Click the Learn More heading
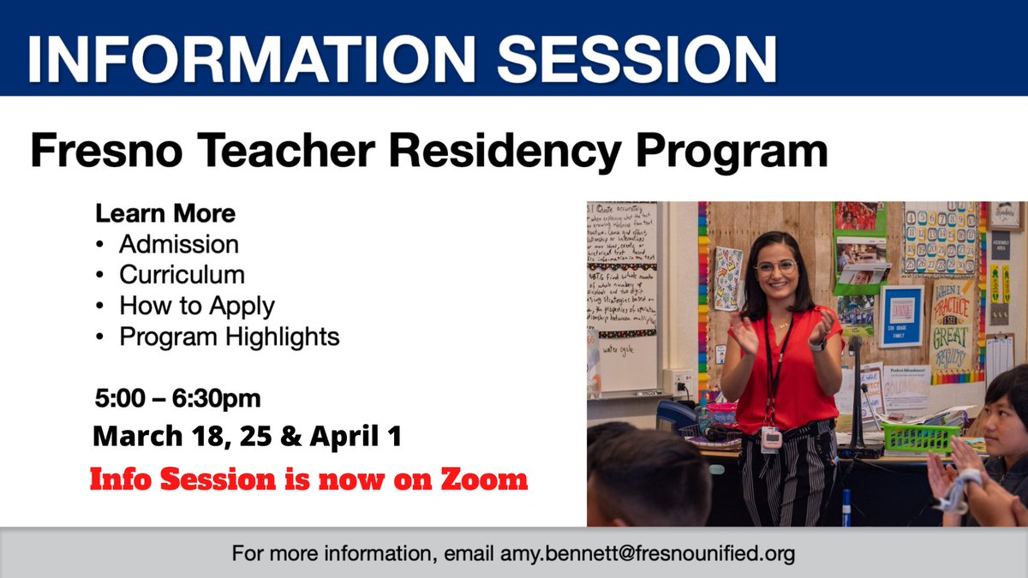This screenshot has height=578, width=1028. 165,212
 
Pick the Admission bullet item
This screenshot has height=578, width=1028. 178,244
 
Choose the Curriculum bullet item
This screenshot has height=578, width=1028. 182,275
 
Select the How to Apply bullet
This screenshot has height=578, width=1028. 196,306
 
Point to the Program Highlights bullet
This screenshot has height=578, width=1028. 229,337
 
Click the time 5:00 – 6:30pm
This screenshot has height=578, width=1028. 178,399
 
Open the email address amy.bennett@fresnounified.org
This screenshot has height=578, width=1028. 647,553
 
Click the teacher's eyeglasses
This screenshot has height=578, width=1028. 775,267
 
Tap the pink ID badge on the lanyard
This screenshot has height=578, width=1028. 771,438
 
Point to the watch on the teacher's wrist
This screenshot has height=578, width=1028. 818,344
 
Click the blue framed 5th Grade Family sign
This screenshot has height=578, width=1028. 901,316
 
